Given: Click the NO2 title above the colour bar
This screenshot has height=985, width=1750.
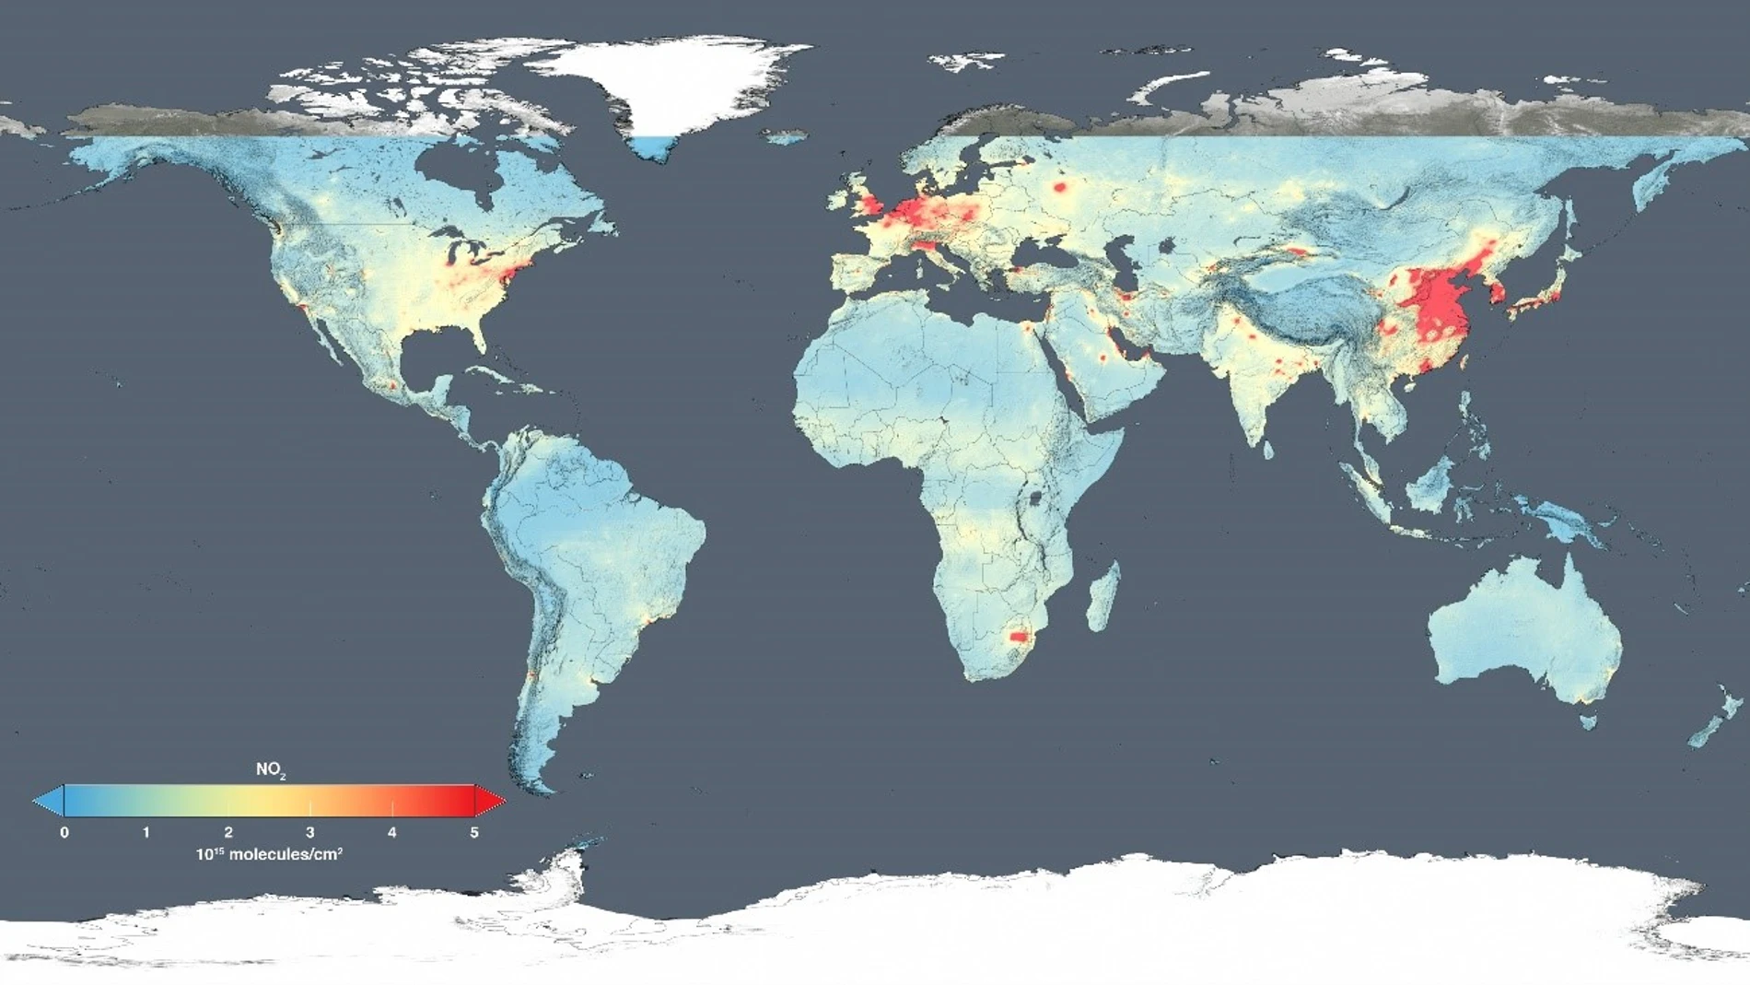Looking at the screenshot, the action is click(270, 769).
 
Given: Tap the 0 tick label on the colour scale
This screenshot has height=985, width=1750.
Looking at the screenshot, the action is click(64, 832).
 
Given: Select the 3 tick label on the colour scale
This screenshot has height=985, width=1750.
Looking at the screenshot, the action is click(310, 832).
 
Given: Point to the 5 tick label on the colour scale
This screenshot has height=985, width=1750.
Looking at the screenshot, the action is click(474, 832).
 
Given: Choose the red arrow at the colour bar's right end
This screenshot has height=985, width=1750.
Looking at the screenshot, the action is click(490, 801).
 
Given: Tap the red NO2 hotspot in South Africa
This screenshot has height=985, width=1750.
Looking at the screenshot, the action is click(1018, 636).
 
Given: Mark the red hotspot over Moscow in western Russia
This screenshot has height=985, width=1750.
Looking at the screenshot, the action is click(1060, 187).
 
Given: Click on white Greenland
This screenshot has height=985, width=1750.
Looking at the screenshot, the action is click(672, 83).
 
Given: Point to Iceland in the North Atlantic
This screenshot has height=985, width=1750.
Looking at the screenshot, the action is click(785, 137).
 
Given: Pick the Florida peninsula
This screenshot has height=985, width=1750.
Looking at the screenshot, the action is click(476, 336).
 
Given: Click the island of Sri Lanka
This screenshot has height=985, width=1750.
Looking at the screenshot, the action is click(1268, 450).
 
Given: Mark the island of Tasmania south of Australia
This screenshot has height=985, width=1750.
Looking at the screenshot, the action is click(1587, 721).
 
